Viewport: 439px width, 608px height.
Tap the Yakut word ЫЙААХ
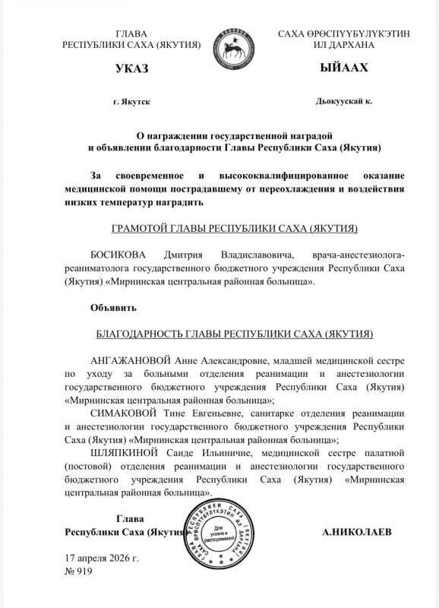(344, 69)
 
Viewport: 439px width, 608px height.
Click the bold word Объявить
(113, 308)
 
